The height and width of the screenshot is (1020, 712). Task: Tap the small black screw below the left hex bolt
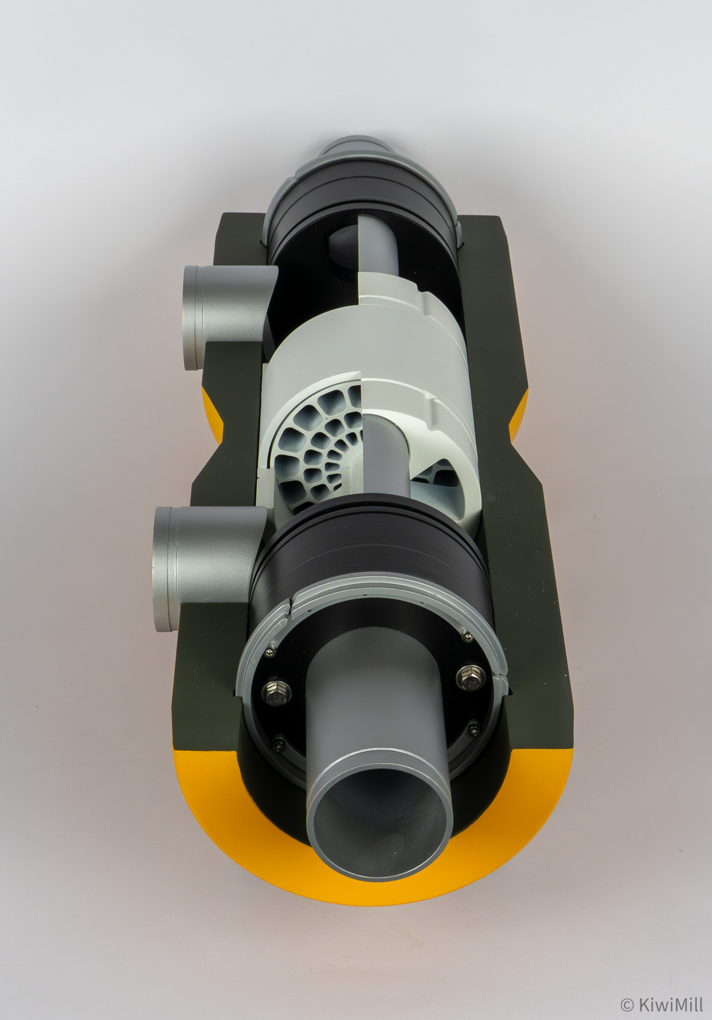(x=277, y=745)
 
